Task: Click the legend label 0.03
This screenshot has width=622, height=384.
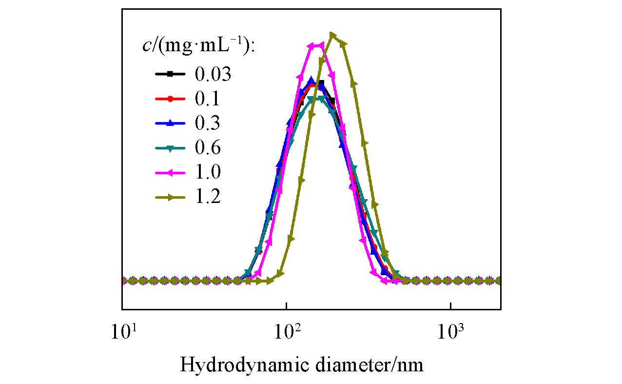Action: (213, 75)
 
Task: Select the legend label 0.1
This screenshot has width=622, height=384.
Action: (207, 99)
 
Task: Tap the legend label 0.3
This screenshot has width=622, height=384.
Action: (207, 123)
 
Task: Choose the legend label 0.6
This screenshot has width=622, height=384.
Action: (207, 148)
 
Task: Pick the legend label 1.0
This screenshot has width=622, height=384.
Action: (207, 172)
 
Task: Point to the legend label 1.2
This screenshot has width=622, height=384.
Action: (207, 197)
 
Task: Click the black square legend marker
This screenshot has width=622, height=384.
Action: (170, 74)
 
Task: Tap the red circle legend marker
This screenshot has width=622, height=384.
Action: (170, 99)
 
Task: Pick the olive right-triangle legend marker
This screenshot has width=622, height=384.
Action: (170, 197)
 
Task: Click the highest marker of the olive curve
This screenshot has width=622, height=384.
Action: (332, 35)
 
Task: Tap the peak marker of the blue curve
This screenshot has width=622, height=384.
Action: (311, 80)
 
